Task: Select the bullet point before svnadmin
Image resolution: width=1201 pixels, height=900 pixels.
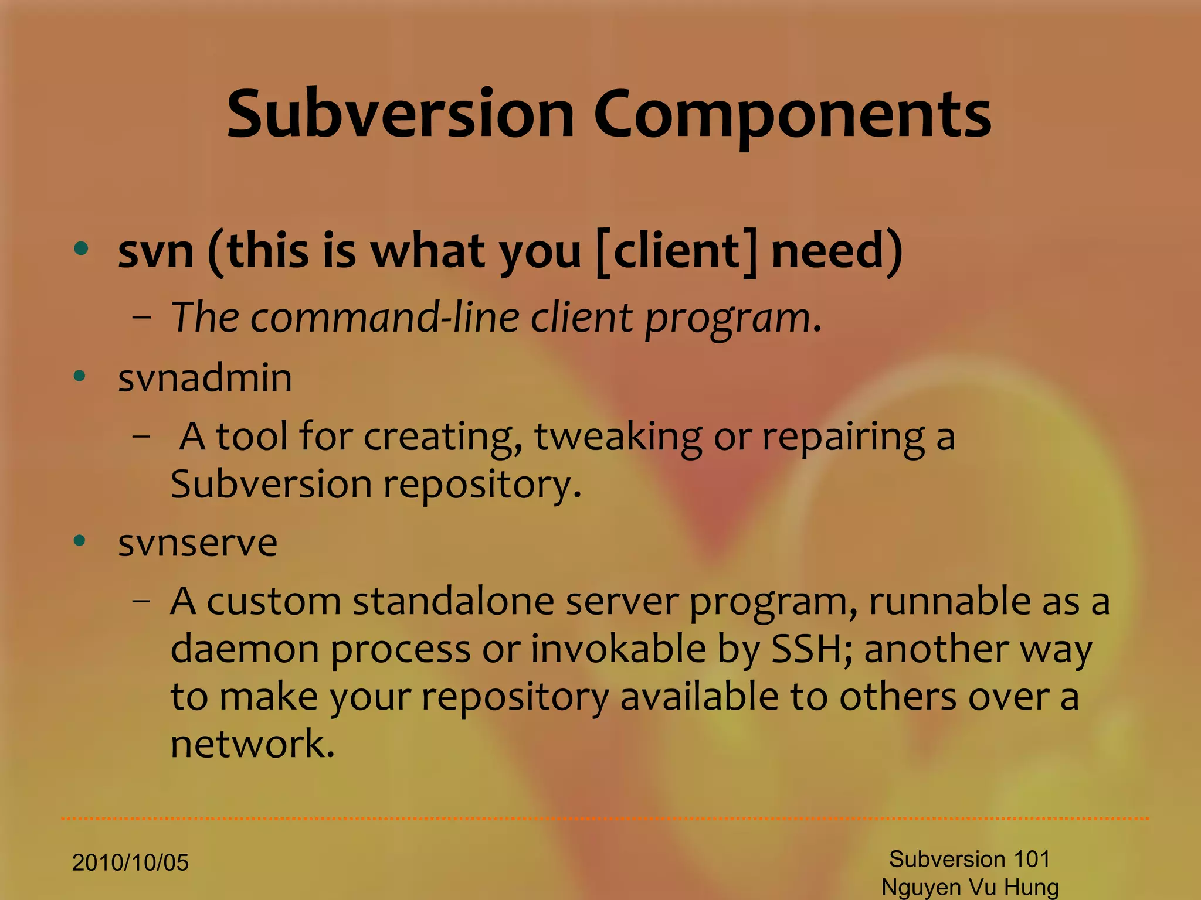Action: (80, 376)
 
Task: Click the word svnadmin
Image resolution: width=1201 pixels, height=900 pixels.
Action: (205, 378)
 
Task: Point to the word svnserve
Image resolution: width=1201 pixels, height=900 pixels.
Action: (197, 543)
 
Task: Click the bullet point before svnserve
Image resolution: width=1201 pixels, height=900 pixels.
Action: (80, 540)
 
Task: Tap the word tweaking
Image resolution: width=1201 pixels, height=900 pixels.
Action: (618, 438)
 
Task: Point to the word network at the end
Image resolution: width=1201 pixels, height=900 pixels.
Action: (252, 744)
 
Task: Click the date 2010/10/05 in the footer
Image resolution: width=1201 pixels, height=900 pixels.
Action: (130, 863)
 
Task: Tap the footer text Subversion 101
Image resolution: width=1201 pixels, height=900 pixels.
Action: (969, 860)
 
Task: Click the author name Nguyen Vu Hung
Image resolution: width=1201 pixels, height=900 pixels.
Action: (970, 887)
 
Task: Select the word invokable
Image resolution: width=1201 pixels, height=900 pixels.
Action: (618, 649)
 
